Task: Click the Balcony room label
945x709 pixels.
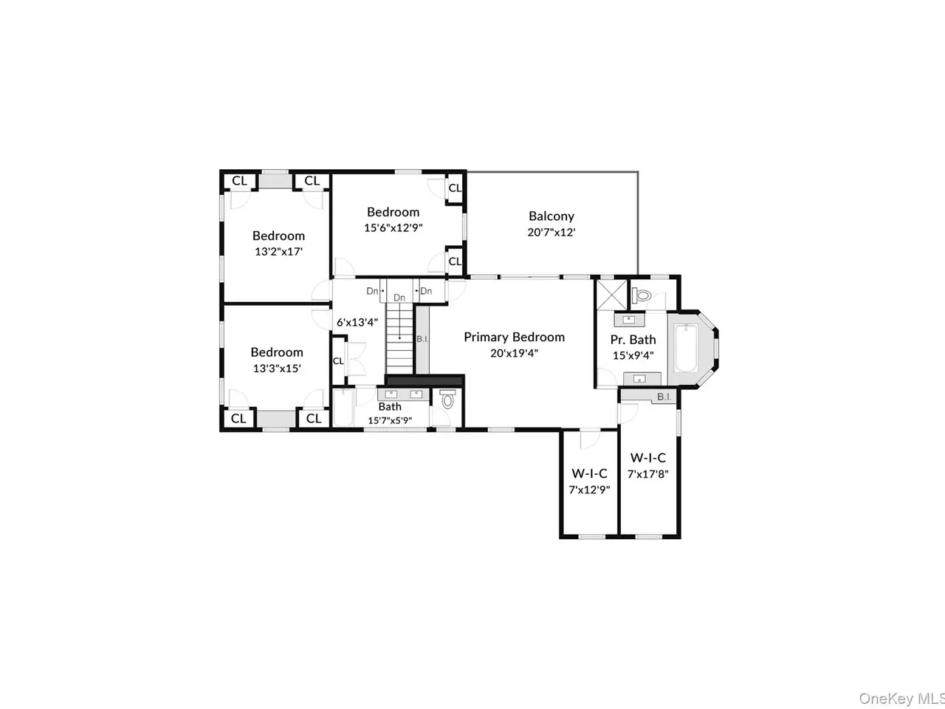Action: click(x=551, y=216)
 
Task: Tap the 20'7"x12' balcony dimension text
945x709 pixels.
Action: click(x=551, y=233)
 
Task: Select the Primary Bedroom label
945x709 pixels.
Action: click(x=514, y=337)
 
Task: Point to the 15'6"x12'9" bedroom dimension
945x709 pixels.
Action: click(x=393, y=227)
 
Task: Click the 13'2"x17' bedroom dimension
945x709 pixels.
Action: click(x=278, y=251)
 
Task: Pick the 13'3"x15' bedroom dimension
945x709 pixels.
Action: click(x=277, y=369)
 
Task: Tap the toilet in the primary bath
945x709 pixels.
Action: click(x=642, y=295)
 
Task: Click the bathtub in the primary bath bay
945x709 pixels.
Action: click(x=686, y=349)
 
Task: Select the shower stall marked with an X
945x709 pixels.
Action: click(x=611, y=295)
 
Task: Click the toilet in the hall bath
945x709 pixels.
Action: click(x=447, y=399)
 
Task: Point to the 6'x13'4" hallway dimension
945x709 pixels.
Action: click(x=357, y=323)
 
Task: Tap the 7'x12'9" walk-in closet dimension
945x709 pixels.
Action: click(x=589, y=490)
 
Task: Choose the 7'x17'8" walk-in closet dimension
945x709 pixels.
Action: click(x=648, y=474)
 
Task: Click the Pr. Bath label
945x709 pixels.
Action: click(x=633, y=340)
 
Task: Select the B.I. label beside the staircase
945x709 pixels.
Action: click(x=422, y=339)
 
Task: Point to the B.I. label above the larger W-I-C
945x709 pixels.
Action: click(x=664, y=397)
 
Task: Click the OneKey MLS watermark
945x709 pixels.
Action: click(x=901, y=698)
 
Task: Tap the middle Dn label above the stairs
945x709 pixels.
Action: click(x=399, y=298)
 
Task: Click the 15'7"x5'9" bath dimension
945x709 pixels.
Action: click(x=390, y=420)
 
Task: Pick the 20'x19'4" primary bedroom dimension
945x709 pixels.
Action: click(x=514, y=354)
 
